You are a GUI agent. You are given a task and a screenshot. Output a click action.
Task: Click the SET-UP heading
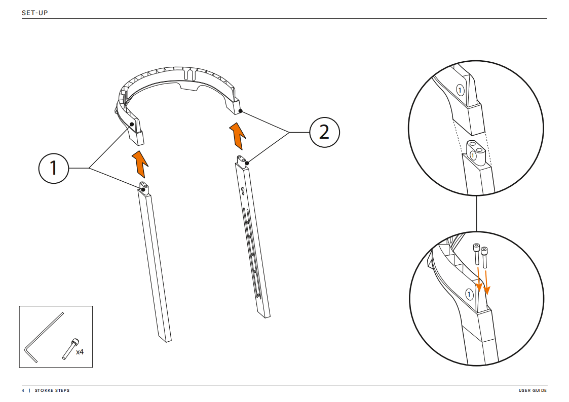pyautogui.click(x=35, y=12)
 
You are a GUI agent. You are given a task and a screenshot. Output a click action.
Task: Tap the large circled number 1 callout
pyautogui.click(x=54, y=168)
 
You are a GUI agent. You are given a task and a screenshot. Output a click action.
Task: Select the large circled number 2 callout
pyautogui.click(x=324, y=132)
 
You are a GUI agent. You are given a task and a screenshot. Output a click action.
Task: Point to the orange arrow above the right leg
pyautogui.click(x=238, y=135)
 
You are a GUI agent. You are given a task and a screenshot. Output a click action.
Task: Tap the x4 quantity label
pyautogui.click(x=80, y=352)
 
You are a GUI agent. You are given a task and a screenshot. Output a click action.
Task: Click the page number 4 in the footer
pyautogui.click(x=23, y=391)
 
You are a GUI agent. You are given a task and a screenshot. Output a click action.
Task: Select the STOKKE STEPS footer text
pyautogui.click(x=52, y=391)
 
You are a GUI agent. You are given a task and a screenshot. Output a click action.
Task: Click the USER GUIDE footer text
pyautogui.click(x=533, y=391)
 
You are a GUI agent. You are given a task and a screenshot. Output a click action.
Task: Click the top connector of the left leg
pyautogui.click(x=144, y=188)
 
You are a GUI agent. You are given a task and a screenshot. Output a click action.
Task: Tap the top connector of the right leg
pyautogui.click(x=242, y=162)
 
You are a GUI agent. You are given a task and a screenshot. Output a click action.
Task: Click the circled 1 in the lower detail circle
pyautogui.click(x=470, y=294)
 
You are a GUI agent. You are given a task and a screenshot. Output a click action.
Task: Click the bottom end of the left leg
pyautogui.click(x=165, y=339)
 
